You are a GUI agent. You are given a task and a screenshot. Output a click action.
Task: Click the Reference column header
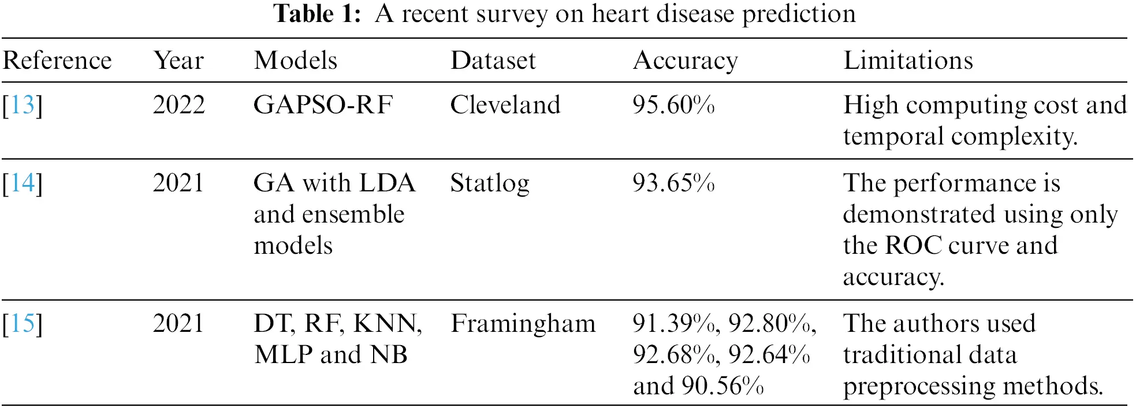coord(57,61)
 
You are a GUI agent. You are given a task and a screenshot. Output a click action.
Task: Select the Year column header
coord(178,61)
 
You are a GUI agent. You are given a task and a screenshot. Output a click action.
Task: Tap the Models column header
coord(295,61)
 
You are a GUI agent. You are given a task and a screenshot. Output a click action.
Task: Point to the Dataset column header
coord(493,61)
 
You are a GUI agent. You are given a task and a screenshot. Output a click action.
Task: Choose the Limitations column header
coord(908,61)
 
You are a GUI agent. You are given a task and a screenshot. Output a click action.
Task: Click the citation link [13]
coord(23,105)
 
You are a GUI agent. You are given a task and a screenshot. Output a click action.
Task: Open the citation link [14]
coord(23,183)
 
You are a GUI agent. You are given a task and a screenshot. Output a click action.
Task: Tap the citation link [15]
coord(23,324)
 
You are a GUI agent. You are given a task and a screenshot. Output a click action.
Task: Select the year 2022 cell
coord(178,105)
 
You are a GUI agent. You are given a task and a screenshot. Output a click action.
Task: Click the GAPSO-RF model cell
coord(323,105)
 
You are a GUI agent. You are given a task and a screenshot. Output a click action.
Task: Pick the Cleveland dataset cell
coord(505,105)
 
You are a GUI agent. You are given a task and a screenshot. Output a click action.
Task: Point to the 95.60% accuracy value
coord(673,105)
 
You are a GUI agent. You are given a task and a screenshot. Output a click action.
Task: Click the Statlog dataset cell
coord(489,184)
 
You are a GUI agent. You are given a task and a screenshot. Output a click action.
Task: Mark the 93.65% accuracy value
coord(673,183)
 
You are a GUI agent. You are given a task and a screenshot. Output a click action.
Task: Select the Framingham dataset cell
coord(523,324)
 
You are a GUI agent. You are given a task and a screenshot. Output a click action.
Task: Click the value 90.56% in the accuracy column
coord(722,386)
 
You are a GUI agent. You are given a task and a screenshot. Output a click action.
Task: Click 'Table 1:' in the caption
coord(317,14)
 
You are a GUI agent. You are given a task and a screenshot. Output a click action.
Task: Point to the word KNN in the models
coord(386,324)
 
